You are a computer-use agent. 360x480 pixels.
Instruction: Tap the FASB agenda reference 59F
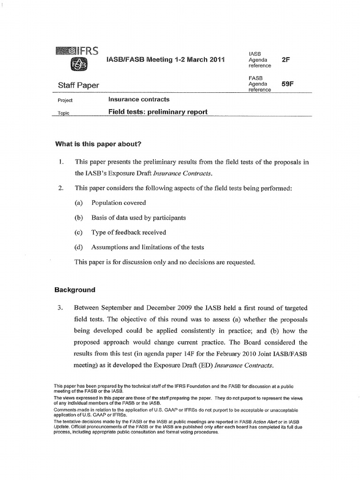(287, 84)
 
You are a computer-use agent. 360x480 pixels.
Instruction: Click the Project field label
(65, 101)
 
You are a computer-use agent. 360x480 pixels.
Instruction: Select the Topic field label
(63, 113)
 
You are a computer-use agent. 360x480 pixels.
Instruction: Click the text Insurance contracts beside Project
(139, 99)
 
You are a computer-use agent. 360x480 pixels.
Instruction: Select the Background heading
(75, 290)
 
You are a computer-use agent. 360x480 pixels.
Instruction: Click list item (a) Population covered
(118, 203)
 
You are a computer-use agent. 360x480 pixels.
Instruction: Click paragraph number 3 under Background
(60, 308)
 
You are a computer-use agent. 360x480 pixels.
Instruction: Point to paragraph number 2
(61, 188)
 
